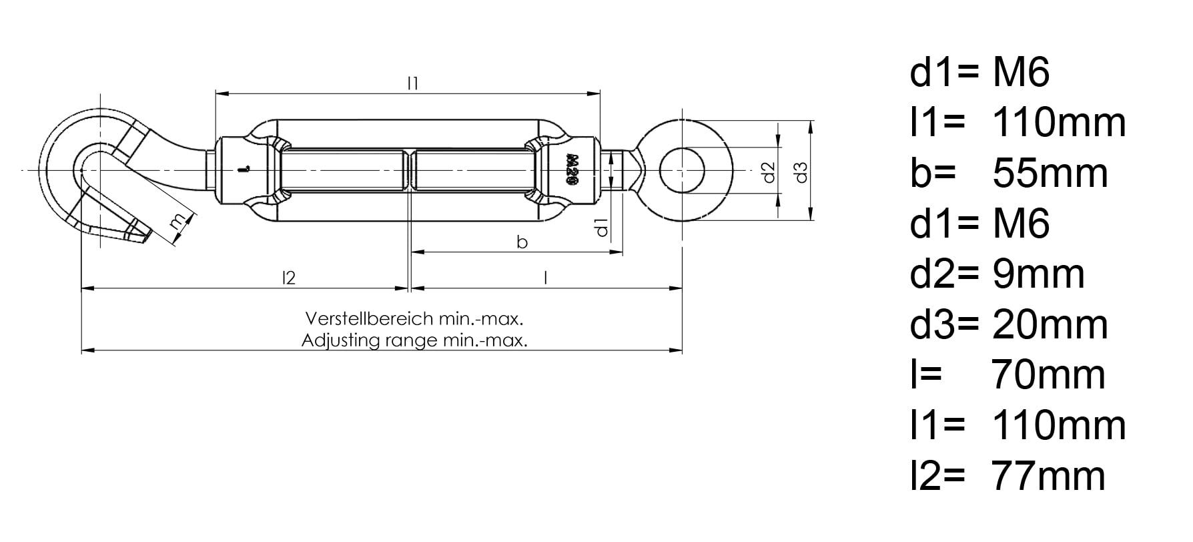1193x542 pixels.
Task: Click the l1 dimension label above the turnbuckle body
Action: point(413,83)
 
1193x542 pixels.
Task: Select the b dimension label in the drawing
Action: point(522,242)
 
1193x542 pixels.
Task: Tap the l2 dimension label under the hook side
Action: point(288,277)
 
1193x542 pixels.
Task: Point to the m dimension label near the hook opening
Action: point(177,222)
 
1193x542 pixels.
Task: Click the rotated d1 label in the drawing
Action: point(602,228)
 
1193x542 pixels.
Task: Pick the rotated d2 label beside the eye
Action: point(769,172)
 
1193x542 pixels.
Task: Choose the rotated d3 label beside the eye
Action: point(802,172)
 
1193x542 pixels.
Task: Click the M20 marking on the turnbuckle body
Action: point(572,170)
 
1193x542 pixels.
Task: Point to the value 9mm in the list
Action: point(1038,274)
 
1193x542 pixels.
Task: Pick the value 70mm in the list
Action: point(1049,375)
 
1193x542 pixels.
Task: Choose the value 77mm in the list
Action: point(1049,476)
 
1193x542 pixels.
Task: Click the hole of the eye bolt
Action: point(683,171)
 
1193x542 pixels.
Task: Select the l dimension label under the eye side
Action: point(546,277)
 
